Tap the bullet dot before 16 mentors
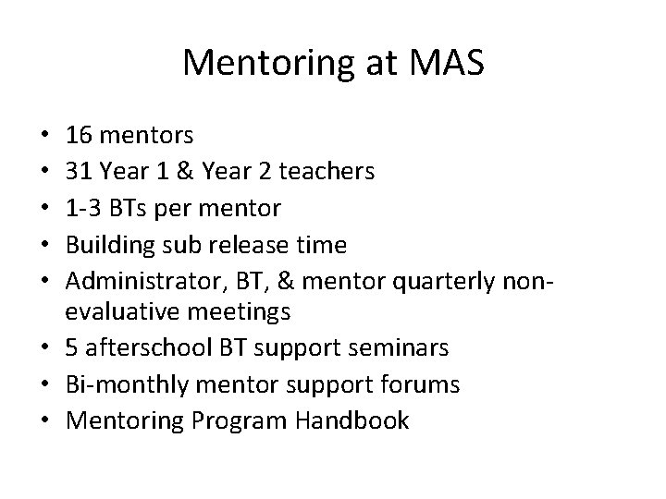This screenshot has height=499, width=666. tap(45, 137)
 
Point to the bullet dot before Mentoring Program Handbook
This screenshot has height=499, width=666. tap(45, 420)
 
